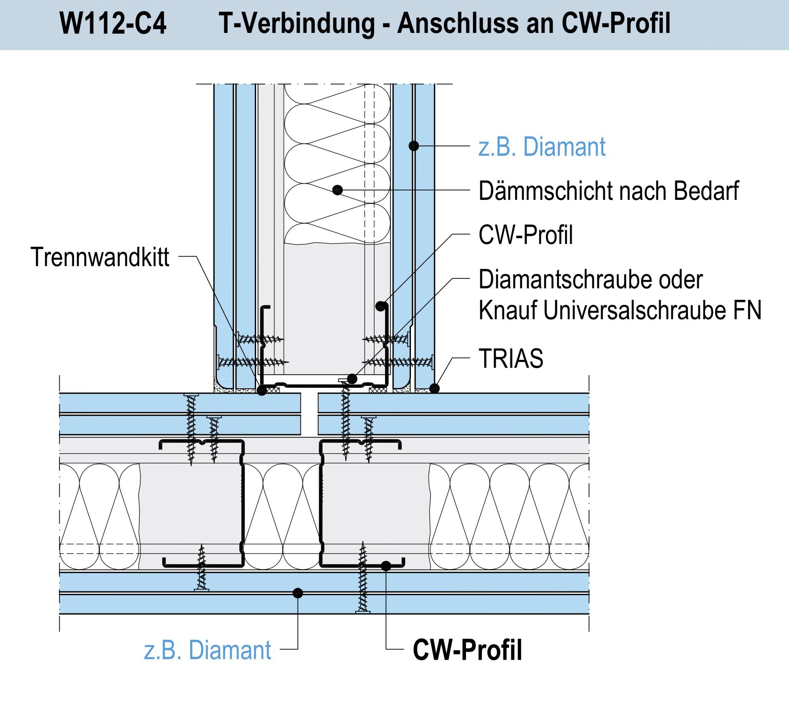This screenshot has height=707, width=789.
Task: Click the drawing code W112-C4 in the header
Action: [x=113, y=23]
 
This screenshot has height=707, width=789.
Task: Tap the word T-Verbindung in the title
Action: [x=297, y=23]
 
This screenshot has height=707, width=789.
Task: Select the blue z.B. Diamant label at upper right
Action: [x=542, y=147]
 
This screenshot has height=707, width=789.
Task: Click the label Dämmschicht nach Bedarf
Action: [x=609, y=191]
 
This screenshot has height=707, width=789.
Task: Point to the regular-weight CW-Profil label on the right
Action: [x=526, y=235]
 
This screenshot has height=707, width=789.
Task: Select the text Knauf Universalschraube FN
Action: [x=620, y=310]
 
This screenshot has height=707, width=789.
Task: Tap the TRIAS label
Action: [x=511, y=358]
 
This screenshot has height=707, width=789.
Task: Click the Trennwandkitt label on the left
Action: [x=100, y=257]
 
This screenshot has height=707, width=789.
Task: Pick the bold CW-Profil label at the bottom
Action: [x=467, y=650]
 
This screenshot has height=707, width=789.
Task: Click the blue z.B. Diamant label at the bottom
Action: [x=208, y=650]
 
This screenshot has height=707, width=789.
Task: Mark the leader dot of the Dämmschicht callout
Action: [x=337, y=190]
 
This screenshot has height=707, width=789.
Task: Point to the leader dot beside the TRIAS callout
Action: [x=434, y=388]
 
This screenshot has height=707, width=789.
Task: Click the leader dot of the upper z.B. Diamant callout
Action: [x=414, y=146]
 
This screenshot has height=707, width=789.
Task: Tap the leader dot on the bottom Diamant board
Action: [x=298, y=593]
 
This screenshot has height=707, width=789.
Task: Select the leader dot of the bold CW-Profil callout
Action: [x=386, y=566]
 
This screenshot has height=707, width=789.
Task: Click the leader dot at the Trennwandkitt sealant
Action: [x=262, y=390]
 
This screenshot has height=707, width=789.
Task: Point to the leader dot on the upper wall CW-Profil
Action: [x=381, y=306]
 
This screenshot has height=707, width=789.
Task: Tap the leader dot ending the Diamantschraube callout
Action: [x=352, y=378]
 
